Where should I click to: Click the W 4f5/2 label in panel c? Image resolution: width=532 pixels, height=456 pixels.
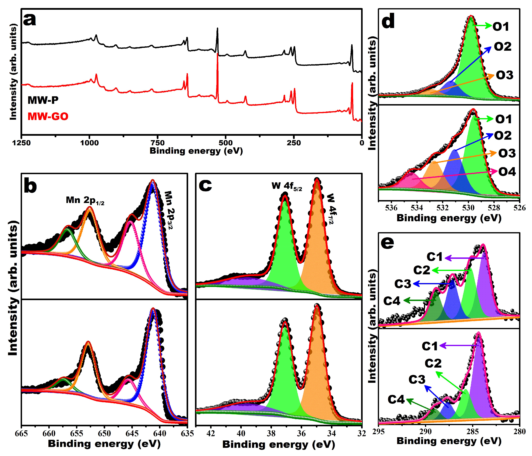tap(286, 186)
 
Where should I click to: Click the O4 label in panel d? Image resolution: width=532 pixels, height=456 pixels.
tap(507, 172)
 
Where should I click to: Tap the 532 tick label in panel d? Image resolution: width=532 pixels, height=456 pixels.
tap(442, 207)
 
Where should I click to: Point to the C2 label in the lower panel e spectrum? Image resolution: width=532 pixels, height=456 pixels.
tap(433, 363)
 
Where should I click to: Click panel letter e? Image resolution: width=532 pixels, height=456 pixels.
tap(387, 243)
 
